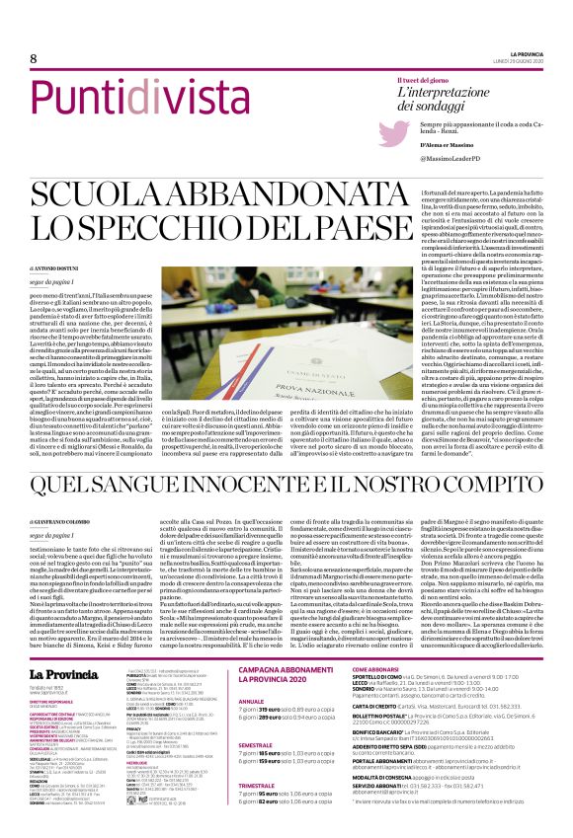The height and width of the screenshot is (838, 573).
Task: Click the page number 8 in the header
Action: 20,60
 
